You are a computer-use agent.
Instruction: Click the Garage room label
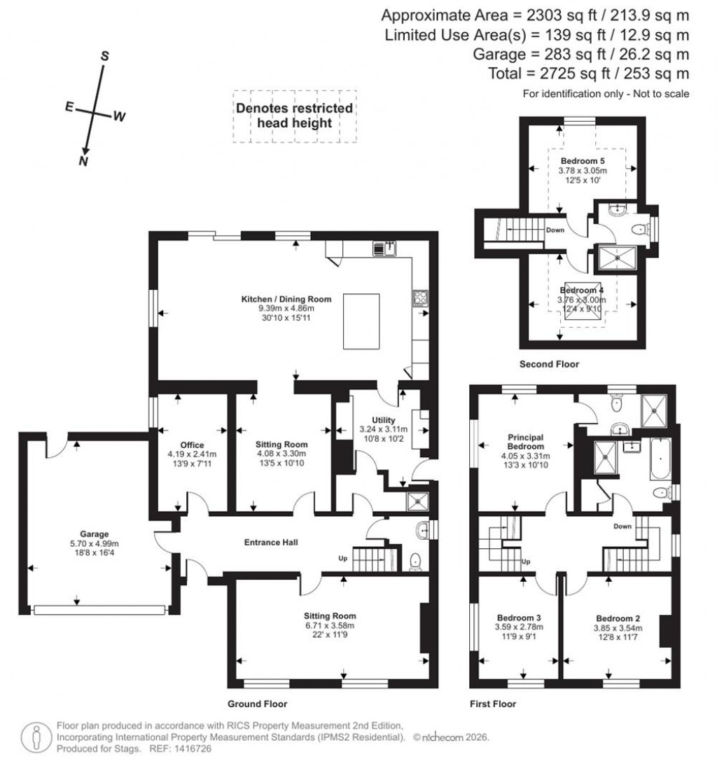point(93,534)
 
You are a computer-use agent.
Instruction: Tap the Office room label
point(192,445)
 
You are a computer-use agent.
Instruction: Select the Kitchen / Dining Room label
point(286,299)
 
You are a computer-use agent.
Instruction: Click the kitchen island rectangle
point(361,321)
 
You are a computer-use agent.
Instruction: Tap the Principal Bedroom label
point(526,442)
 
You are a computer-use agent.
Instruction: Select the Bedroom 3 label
point(519,618)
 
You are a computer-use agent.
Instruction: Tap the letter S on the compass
point(104,56)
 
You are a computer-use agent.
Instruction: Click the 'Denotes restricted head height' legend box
point(294,116)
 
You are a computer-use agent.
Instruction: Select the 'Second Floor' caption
point(549,364)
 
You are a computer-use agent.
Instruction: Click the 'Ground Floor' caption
point(257,704)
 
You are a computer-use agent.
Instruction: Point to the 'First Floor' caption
point(494,704)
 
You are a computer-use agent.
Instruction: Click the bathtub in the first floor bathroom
point(660,459)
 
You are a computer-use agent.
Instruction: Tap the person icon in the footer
point(34,737)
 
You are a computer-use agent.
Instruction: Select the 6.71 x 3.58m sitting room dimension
point(330,626)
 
